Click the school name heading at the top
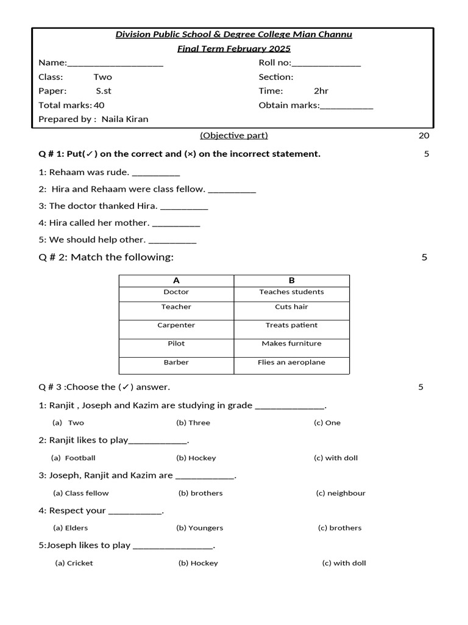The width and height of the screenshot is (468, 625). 234,34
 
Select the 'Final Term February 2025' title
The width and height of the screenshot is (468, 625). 234,49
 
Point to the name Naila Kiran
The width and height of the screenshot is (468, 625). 125,119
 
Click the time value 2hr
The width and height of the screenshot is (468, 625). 321,91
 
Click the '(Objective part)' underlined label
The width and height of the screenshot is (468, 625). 234,135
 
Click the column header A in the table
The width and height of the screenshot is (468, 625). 176,281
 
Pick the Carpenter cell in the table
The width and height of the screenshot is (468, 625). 176,325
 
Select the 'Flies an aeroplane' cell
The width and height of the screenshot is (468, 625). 291,363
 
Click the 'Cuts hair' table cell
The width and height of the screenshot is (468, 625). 291,307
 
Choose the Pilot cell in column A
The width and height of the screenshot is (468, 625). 176,344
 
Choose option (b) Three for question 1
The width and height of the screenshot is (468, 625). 193,423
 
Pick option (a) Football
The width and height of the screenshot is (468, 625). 74,458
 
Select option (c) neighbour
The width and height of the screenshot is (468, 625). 341,493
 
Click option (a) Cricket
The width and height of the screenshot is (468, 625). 74,563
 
